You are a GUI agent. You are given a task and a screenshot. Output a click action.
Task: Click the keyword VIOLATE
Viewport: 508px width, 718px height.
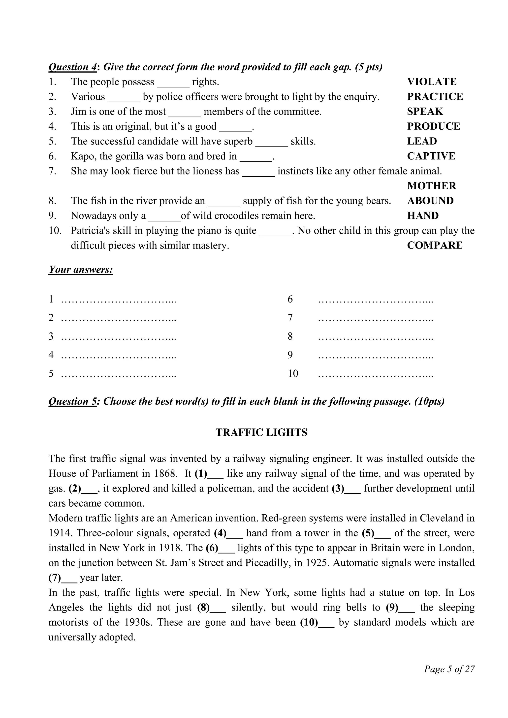(x=432, y=82)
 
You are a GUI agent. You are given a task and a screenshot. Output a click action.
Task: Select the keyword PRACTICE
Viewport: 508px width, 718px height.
(x=435, y=97)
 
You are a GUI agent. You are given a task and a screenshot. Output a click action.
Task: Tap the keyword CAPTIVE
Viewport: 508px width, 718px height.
(x=431, y=156)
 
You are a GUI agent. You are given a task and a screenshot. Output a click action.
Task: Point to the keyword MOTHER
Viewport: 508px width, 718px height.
(x=432, y=186)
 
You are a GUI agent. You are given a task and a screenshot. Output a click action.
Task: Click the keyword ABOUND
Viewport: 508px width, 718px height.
(x=430, y=201)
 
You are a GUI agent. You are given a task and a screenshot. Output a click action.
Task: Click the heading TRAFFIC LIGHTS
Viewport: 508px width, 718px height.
(x=261, y=433)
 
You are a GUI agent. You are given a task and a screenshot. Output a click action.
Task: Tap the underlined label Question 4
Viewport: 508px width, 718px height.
(x=73, y=67)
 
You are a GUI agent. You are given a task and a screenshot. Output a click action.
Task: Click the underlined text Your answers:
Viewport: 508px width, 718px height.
(x=80, y=270)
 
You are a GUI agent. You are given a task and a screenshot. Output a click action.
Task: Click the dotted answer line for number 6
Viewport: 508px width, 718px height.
(x=375, y=300)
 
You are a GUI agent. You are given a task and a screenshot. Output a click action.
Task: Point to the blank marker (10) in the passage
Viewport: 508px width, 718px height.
(x=309, y=622)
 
